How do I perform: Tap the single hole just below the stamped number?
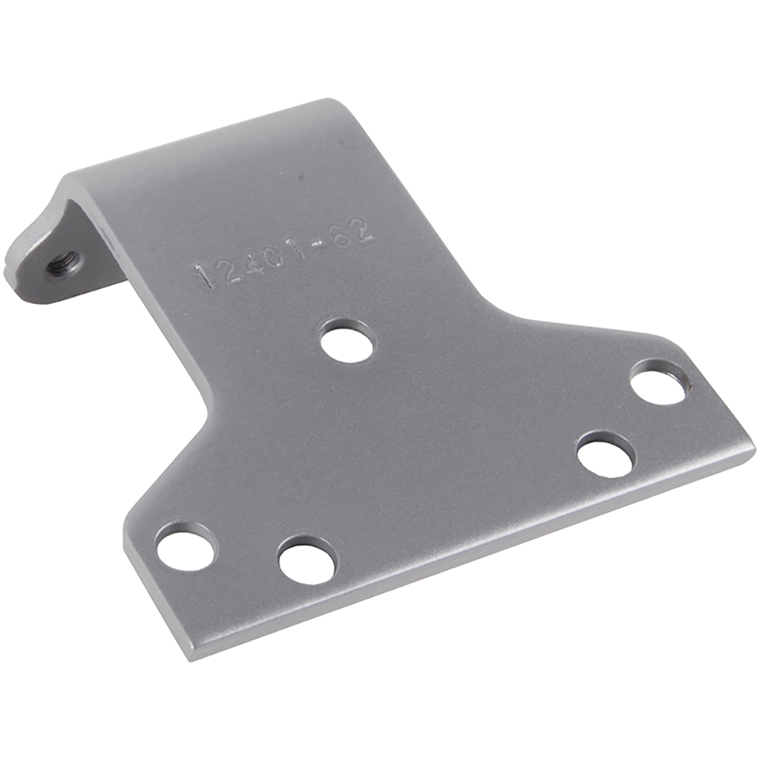[347, 341]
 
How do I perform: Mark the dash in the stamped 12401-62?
[322, 242]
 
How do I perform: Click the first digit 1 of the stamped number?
[203, 277]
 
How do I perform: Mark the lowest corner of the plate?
[190, 658]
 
